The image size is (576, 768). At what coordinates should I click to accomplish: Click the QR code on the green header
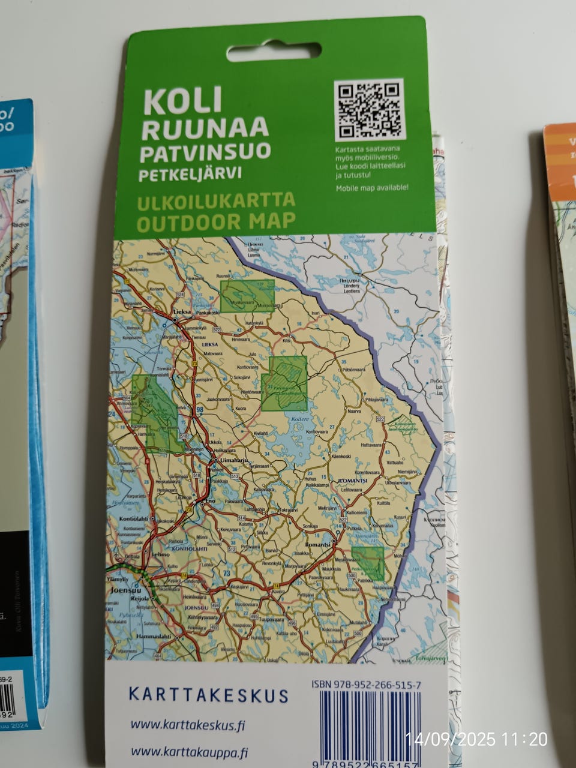point(369,110)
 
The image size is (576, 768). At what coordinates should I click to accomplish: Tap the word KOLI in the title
point(182,102)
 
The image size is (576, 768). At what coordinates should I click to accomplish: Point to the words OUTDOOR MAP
point(216,222)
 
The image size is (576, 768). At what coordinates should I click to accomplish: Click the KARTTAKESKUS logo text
point(208,695)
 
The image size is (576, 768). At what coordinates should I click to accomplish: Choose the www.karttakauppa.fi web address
point(189,752)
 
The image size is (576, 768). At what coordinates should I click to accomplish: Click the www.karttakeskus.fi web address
point(188,725)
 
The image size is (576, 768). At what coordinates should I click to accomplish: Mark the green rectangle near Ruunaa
point(247,296)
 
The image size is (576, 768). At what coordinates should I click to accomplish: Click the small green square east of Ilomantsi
point(367,563)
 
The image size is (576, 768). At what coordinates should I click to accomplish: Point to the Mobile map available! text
point(372,188)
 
